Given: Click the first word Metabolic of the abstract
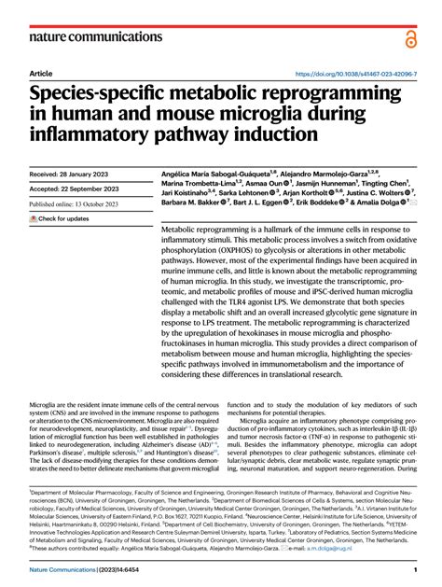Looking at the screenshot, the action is pyautogui.click(x=183, y=229).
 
